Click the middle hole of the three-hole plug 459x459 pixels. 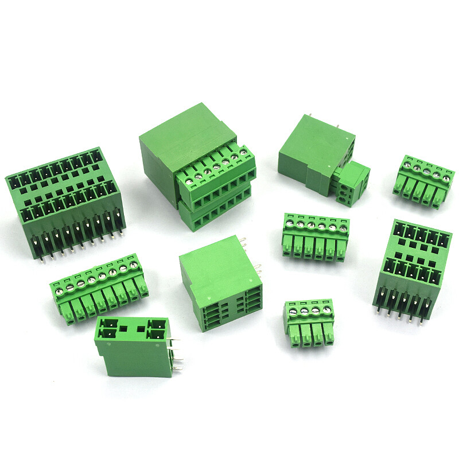point(347,186)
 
